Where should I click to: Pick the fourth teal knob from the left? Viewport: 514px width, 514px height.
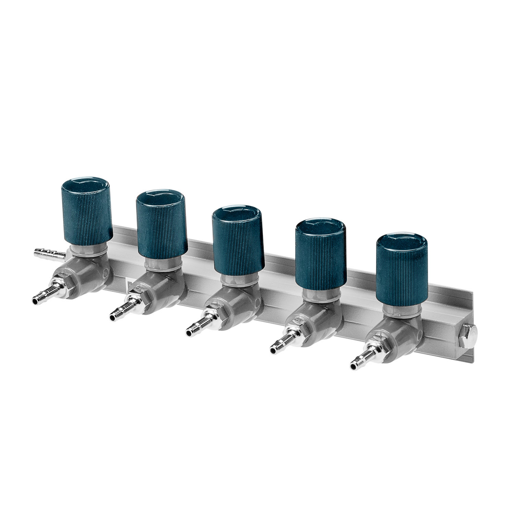click(x=320, y=254)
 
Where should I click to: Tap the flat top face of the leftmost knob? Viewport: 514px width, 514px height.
click(x=87, y=187)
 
